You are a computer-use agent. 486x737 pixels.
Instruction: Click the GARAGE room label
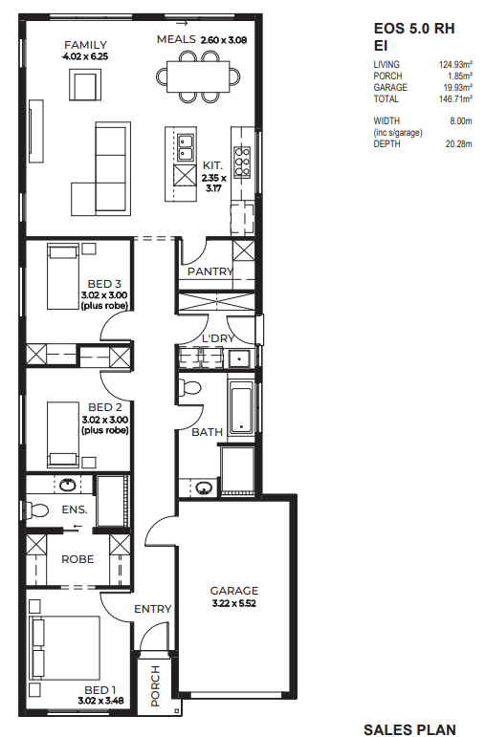(233, 591)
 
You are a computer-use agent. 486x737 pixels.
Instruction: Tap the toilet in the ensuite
(36, 510)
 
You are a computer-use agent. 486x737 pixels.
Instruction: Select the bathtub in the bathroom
(241, 407)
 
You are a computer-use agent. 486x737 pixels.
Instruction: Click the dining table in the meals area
(198, 76)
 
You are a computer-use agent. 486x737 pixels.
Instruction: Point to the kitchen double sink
(186, 148)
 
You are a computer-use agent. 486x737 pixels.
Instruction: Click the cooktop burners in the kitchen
(242, 162)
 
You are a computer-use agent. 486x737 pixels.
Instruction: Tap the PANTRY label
(210, 271)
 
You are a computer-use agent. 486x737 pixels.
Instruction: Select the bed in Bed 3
(62, 276)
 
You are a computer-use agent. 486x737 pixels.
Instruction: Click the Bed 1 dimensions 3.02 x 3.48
(100, 701)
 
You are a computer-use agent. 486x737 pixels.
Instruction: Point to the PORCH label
(155, 685)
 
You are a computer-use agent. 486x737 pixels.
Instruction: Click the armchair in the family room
(85, 84)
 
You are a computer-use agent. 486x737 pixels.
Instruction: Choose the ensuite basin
(68, 485)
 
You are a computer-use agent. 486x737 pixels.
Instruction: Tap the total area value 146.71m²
(455, 98)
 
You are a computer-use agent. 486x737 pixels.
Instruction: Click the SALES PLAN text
(409, 729)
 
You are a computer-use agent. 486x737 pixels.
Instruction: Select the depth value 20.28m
(458, 143)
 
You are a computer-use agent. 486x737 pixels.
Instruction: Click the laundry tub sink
(240, 359)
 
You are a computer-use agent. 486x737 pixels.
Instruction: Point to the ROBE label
(77, 559)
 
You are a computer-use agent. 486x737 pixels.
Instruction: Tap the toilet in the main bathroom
(189, 387)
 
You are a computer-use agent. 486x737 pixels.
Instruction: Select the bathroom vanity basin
(203, 488)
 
